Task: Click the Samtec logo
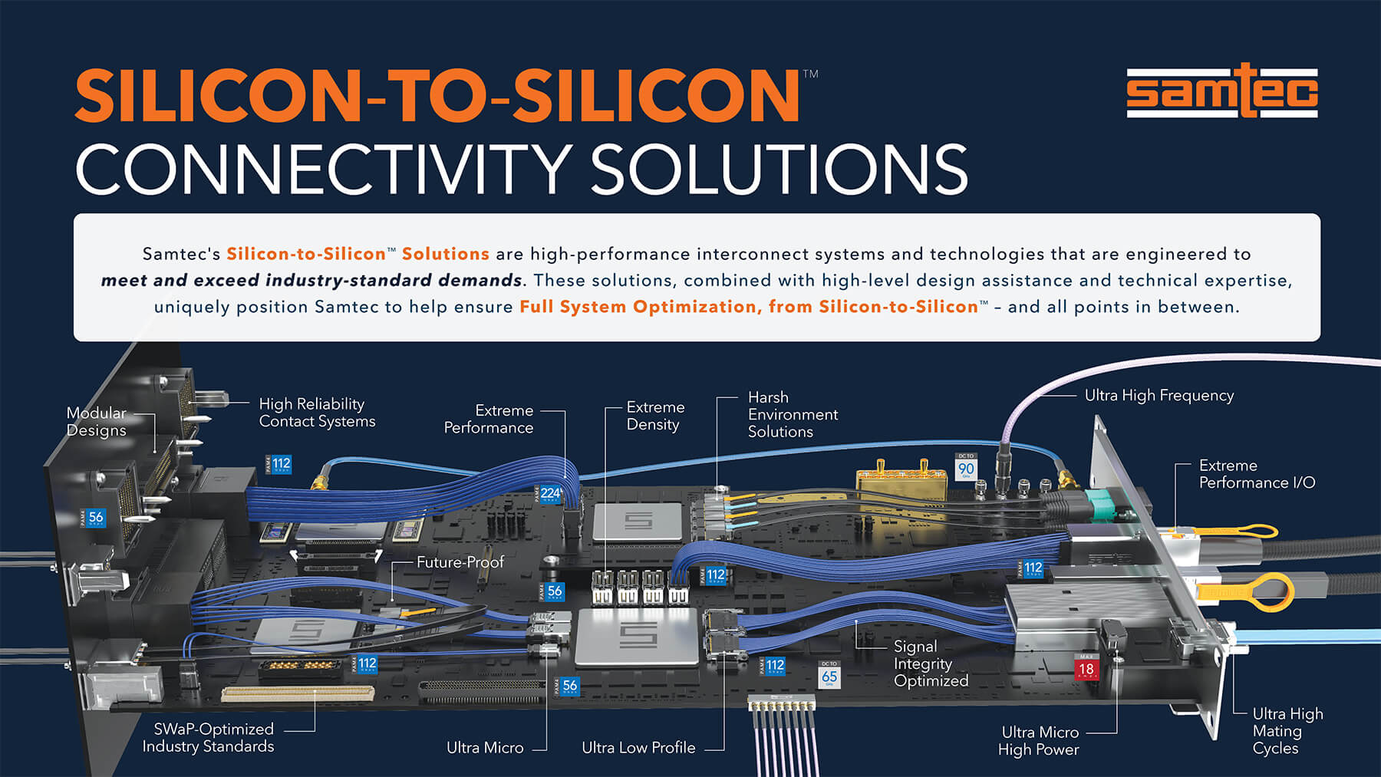(1221, 92)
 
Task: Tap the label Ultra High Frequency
(1159, 396)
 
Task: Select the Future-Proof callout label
(460, 562)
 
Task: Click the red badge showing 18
(1086, 668)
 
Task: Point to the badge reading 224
(549, 493)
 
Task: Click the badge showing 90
(966, 467)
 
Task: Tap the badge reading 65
(829, 676)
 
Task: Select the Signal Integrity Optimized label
(930, 663)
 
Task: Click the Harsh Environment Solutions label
(792, 414)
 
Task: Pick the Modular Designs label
(96, 421)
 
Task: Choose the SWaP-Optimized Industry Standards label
(208, 737)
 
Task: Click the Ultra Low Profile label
(638, 748)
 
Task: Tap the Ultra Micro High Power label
(1039, 741)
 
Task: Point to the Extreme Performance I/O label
(1256, 474)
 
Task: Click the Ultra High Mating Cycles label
(1287, 731)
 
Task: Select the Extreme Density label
(654, 416)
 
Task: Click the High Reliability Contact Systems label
(316, 413)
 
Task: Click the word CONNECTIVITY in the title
(322, 169)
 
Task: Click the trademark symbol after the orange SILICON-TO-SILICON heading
(810, 74)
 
